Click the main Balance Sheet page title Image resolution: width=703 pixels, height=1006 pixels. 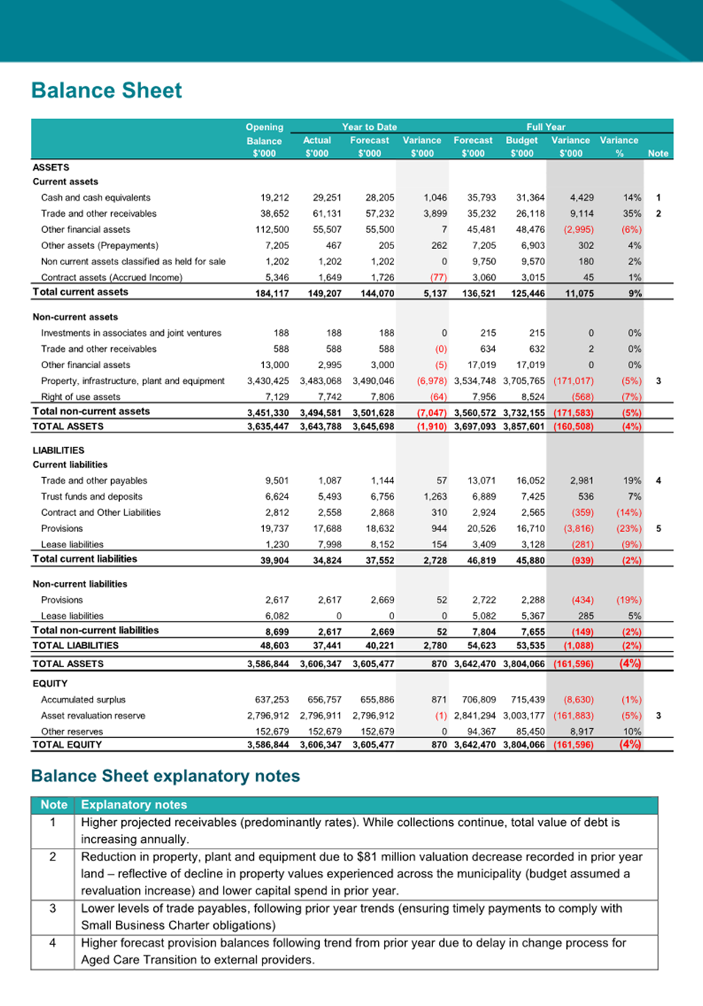click(x=107, y=90)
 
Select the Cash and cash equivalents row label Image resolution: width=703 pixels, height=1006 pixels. click(x=96, y=198)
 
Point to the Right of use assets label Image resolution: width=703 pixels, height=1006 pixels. click(x=80, y=397)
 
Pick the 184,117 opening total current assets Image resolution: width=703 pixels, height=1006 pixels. click(x=271, y=293)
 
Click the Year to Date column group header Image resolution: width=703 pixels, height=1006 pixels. click(x=369, y=127)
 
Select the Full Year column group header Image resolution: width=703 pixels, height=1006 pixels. click(x=546, y=127)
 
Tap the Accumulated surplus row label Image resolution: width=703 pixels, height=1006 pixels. click(x=83, y=700)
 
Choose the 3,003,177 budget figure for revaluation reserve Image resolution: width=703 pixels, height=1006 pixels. click(x=524, y=716)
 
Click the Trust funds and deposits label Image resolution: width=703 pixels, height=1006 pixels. click(x=91, y=497)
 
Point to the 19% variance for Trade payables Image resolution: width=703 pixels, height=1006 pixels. click(x=632, y=481)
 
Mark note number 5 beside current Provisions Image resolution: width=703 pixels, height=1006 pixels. click(x=658, y=528)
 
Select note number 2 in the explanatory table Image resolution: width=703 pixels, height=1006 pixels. click(x=53, y=857)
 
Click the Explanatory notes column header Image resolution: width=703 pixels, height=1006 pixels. click(x=134, y=805)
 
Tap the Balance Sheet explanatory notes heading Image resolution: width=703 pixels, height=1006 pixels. click(x=165, y=776)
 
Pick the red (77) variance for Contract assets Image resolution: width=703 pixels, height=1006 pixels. click(x=438, y=278)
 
